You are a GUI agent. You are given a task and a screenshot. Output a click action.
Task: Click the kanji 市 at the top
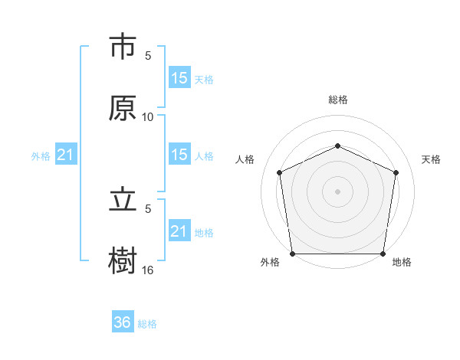123,47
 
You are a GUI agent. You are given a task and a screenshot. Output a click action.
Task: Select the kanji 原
123,108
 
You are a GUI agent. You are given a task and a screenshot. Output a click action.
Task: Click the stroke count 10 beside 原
148,117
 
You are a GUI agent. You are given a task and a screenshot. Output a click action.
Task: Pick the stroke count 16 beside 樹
148,270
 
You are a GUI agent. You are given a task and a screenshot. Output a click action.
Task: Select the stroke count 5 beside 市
148,56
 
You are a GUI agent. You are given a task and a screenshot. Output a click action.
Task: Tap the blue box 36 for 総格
123,322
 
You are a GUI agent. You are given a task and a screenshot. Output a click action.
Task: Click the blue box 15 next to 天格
179,77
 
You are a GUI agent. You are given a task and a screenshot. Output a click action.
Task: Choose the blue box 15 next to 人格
179,155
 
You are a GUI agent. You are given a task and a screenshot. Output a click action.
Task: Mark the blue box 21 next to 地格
179,231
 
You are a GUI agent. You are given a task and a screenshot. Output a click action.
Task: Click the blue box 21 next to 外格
66,155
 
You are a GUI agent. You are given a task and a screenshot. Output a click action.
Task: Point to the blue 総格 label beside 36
147,324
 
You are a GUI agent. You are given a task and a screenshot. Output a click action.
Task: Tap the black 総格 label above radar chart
337,100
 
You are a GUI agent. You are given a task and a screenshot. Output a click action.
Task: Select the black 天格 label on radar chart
431,159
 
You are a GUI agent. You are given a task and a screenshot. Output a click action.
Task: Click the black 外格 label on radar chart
270,263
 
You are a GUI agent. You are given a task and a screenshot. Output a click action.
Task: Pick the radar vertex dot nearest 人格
279,172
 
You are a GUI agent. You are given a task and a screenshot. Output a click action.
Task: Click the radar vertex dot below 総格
337,146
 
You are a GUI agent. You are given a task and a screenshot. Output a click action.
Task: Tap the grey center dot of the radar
337,191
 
